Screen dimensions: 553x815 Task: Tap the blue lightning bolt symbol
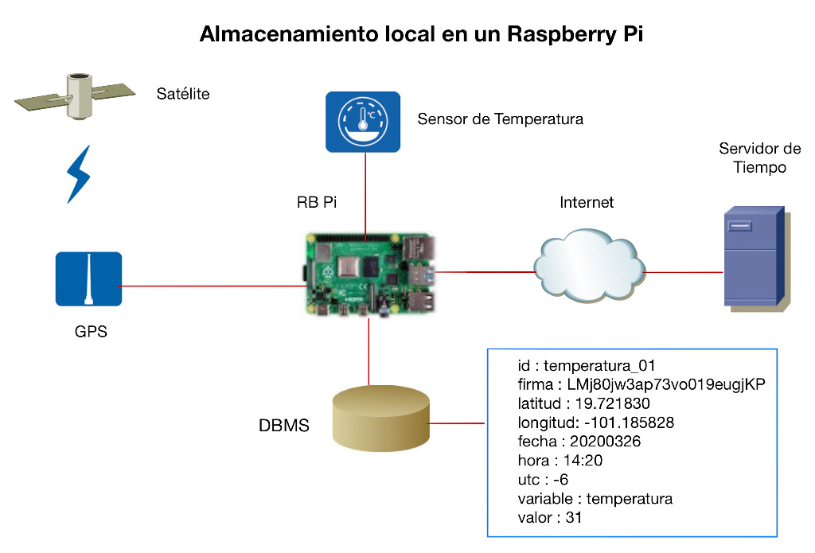click(x=78, y=173)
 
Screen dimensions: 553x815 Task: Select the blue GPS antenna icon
click(x=88, y=278)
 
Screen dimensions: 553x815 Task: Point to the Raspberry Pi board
click(x=369, y=275)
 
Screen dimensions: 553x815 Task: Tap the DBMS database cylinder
click(x=381, y=418)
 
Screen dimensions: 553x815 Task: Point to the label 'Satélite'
click(x=183, y=94)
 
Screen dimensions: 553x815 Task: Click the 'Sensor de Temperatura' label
click(x=501, y=119)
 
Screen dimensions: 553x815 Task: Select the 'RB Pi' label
click(x=317, y=202)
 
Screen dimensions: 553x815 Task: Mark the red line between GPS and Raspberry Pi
click(x=207, y=285)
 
